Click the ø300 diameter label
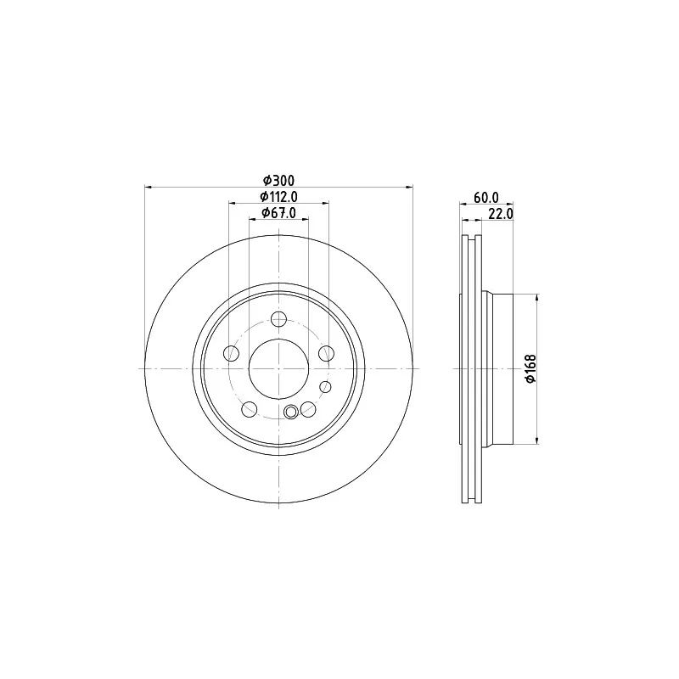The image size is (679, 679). pyautogui.click(x=279, y=180)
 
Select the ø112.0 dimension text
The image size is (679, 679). pyautogui.click(x=279, y=197)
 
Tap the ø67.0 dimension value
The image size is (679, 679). pyautogui.click(x=279, y=213)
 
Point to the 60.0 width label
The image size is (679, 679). pyautogui.click(x=486, y=198)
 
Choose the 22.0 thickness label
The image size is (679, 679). pyautogui.click(x=501, y=214)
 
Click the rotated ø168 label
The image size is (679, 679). pyautogui.click(x=531, y=368)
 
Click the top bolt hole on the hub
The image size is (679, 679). pyautogui.click(x=279, y=320)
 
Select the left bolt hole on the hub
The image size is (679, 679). pyautogui.click(x=231, y=353)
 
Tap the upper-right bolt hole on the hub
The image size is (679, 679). pyautogui.click(x=326, y=353)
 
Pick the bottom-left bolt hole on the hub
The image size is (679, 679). pyautogui.click(x=250, y=409)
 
